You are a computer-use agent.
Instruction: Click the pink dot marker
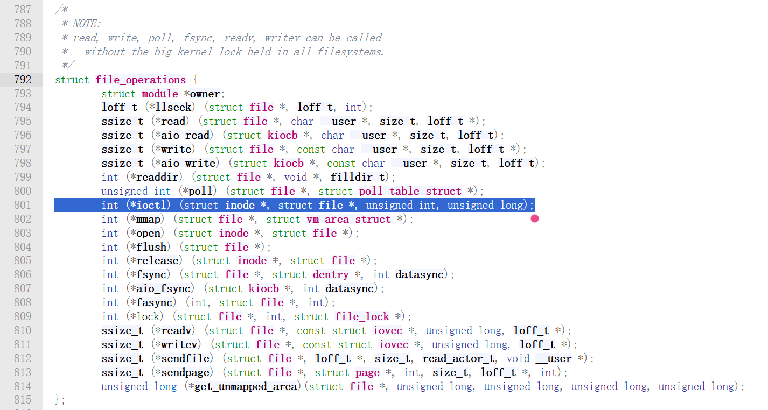coord(535,218)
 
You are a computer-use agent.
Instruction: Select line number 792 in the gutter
coord(23,80)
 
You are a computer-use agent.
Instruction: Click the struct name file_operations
coord(141,80)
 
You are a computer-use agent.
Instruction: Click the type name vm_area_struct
coord(348,219)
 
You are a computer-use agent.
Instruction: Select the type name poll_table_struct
coord(410,191)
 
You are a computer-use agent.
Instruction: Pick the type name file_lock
coord(362,316)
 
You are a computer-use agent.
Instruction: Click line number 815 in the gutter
coord(23,400)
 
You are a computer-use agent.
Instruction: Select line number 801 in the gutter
coord(23,205)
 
